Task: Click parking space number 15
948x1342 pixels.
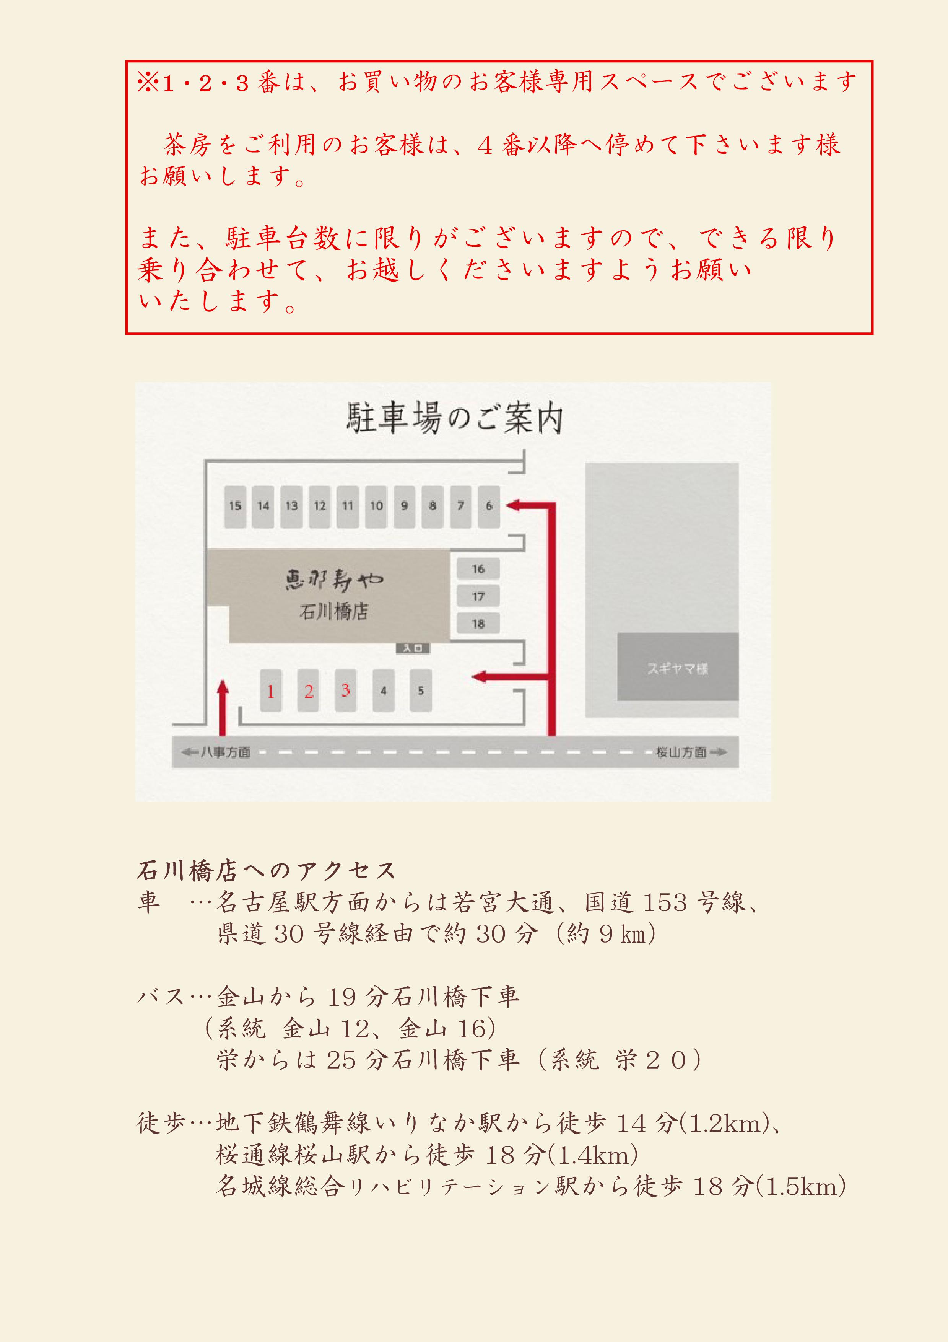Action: pos(235,506)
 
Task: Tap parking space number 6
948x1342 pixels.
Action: pos(489,506)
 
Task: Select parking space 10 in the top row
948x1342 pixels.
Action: pos(376,506)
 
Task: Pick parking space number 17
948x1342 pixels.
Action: pos(478,596)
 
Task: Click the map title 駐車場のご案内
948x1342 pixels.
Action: pos(454,417)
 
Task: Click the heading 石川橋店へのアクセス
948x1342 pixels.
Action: pos(267,871)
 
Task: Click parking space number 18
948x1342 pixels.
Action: pos(478,624)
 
